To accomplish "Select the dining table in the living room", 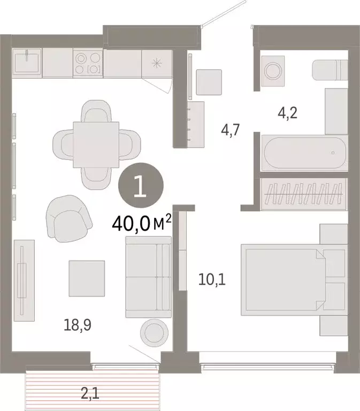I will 96,144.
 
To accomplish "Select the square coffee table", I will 86,278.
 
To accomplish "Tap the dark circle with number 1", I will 141,188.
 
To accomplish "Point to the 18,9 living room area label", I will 73,324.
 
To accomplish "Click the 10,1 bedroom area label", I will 211,279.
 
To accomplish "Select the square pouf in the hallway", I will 209,82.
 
